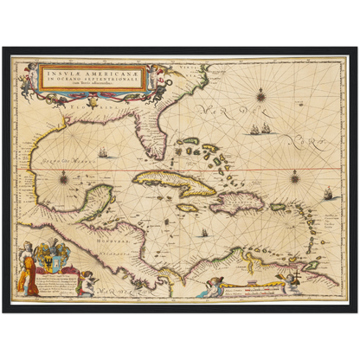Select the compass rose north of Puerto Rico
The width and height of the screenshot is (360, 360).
pos(294,179)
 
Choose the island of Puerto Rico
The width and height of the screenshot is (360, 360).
pos(279,206)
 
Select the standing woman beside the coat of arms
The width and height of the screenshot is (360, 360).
pos(28,264)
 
